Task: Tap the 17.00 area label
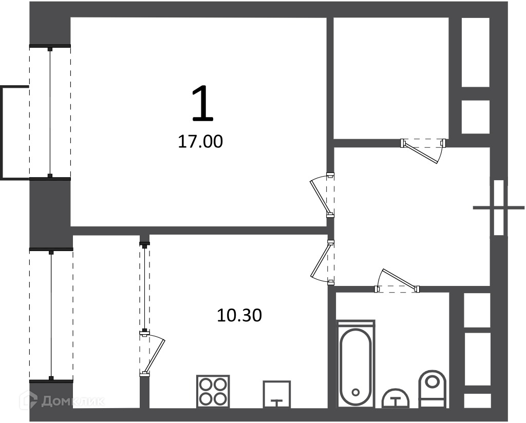coord(200,142)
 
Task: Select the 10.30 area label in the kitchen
coord(239,315)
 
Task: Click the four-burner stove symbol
coord(213,392)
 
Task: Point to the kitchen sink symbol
coord(277,394)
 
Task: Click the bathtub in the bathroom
coord(356,364)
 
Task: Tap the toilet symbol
coord(433,389)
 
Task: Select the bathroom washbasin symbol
coord(396,398)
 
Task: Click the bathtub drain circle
coord(356,392)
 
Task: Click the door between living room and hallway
coord(322,196)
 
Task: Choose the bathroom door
coord(398,281)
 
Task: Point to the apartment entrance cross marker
coord(499,208)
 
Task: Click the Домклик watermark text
coord(73,401)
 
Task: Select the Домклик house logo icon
coord(29,400)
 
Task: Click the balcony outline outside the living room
coord(3,132)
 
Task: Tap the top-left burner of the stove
coord(205,384)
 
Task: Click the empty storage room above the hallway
coord(391,78)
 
